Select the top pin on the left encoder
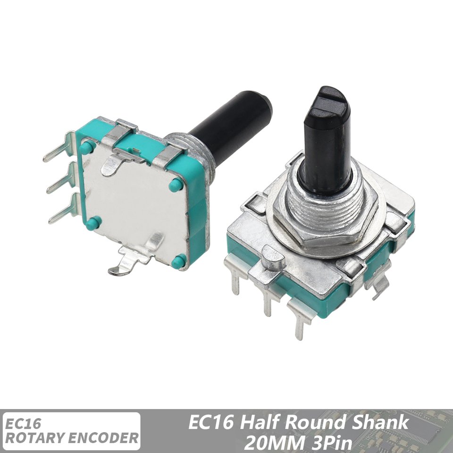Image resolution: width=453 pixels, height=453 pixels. pos(59,146)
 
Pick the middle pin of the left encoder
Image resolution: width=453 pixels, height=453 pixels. pos(61,177)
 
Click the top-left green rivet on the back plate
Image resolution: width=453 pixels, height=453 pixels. pos(87,147)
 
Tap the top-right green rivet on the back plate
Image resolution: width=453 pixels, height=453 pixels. pos(176,185)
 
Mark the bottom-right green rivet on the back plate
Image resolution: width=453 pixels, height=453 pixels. pos(178,261)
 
